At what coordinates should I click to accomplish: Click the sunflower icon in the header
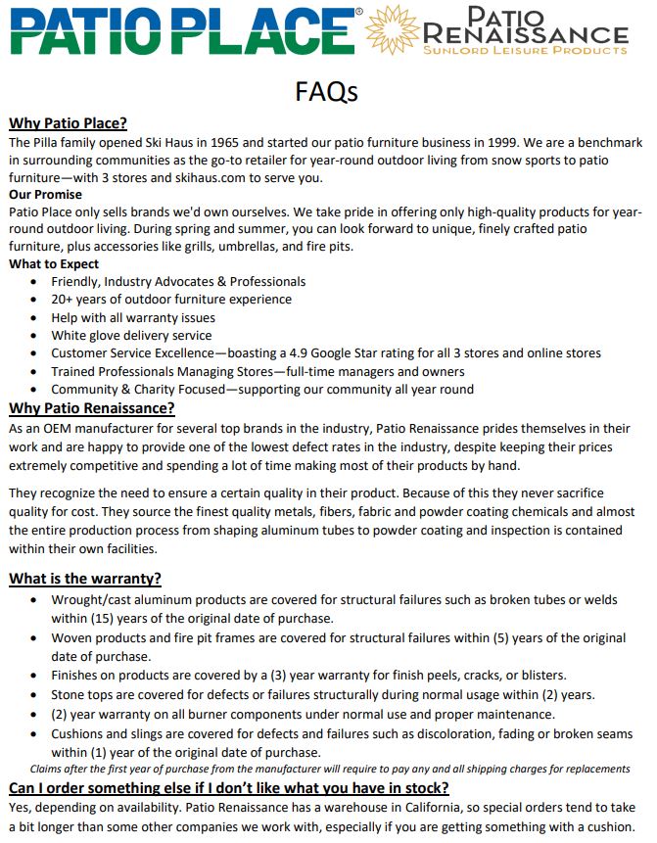(x=391, y=28)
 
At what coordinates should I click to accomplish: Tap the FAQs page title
(x=327, y=92)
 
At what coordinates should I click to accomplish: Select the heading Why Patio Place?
(x=69, y=123)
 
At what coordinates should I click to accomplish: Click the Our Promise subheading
(x=47, y=194)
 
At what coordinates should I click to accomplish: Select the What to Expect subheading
(x=54, y=263)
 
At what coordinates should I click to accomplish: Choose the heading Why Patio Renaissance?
(x=92, y=407)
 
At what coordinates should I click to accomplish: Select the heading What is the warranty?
(x=85, y=579)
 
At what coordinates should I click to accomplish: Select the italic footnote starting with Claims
(x=330, y=769)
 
